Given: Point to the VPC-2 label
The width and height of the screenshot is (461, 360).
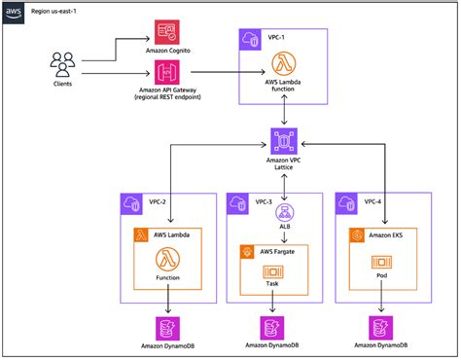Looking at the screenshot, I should point(155,201).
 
